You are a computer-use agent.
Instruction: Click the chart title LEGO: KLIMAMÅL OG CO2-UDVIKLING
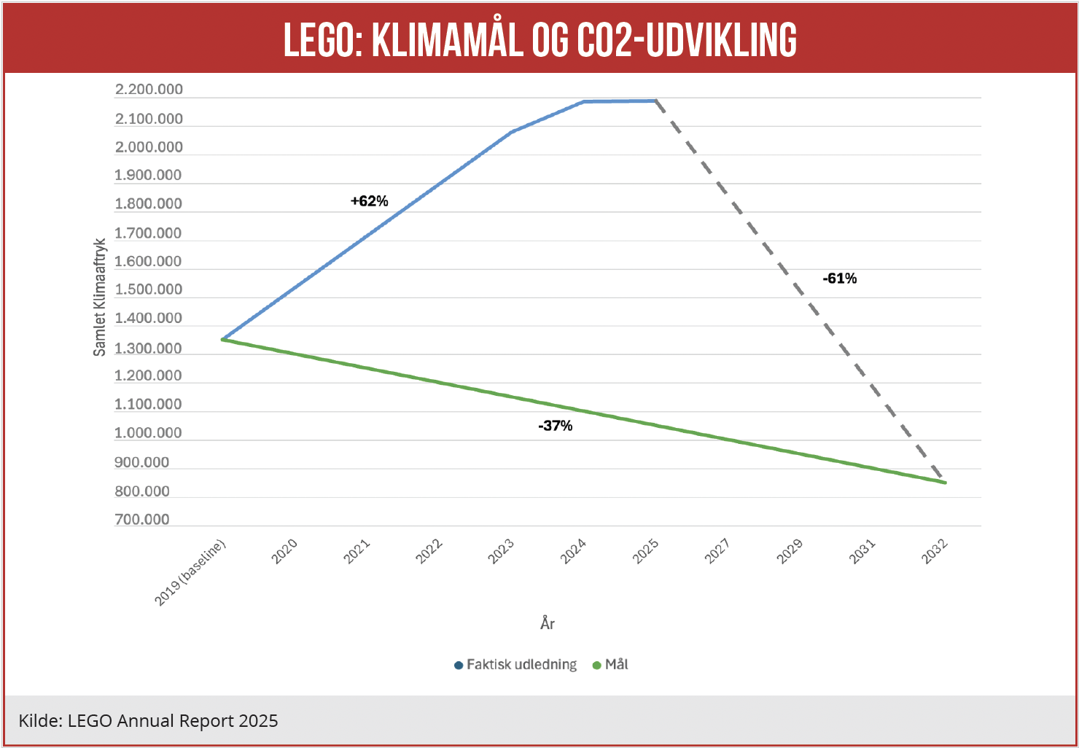[539, 39]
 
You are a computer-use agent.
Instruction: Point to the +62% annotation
[370, 201]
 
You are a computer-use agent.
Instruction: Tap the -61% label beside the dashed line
[840, 278]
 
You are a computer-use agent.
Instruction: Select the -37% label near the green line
[556, 426]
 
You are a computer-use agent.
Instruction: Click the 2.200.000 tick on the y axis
[149, 90]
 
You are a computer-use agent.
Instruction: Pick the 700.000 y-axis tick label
[142, 520]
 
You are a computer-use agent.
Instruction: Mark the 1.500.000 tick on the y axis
[149, 289]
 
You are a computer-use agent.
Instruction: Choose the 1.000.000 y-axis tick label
[149, 433]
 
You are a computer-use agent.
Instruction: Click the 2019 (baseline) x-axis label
[190, 573]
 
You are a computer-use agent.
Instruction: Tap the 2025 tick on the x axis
[646, 551]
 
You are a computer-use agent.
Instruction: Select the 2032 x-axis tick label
[935, 551]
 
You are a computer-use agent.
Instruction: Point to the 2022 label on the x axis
[429, 551]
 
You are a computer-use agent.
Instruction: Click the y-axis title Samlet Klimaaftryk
[100, 297]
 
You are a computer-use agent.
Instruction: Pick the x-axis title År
[548, 623]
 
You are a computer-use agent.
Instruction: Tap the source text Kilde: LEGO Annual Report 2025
[149, 721]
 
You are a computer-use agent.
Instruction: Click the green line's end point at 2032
[945, 483]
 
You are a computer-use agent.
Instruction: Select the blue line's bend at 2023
[512, 132]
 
